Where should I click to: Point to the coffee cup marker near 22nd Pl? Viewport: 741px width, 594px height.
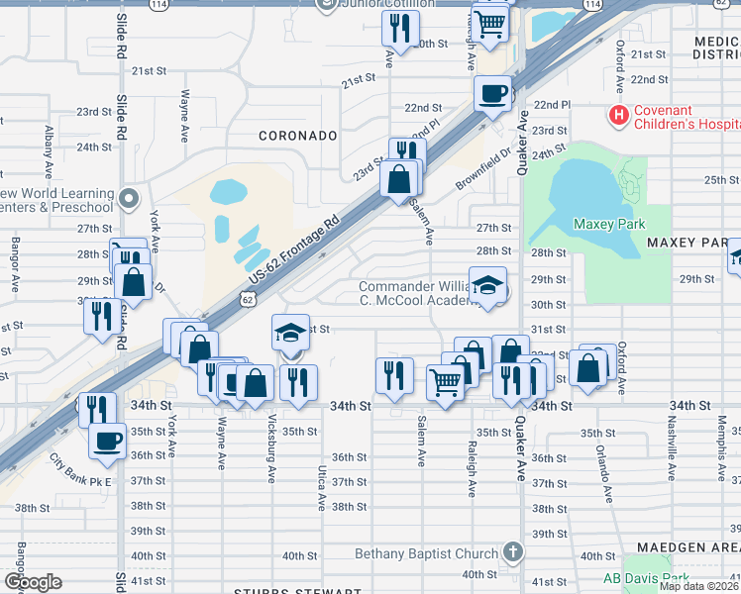[x=492, y=95]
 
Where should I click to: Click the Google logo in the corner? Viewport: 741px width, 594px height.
[x=33, y=582]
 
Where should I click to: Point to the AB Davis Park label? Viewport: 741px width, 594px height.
[x=646, y=578]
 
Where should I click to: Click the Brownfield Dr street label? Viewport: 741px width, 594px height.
[x=483, y=169]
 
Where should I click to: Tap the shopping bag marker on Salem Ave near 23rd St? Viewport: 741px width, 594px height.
[x=399, y=180]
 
